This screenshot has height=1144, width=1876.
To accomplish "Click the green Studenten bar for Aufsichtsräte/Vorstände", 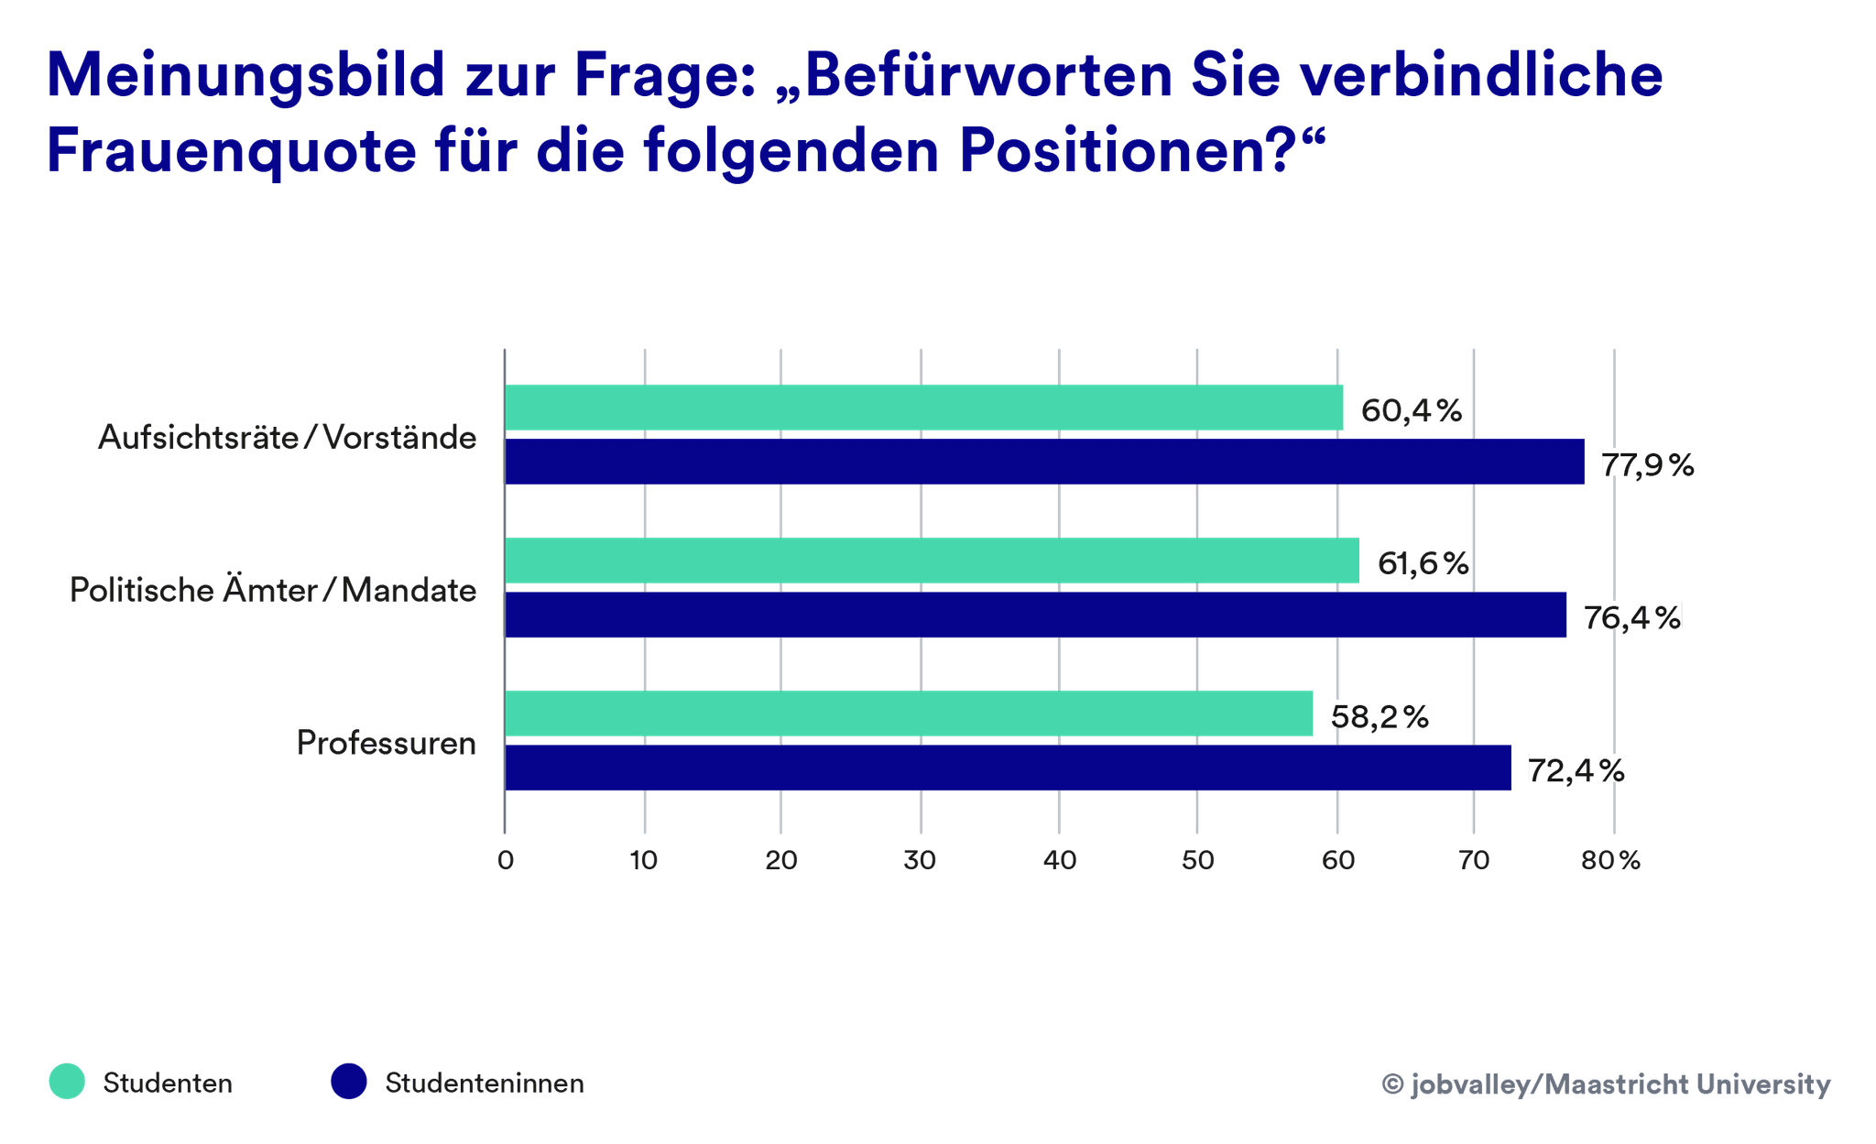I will (923, 408).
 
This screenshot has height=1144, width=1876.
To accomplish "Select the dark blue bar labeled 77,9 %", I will (1044, 462).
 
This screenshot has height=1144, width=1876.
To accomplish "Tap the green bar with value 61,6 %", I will (932, 561).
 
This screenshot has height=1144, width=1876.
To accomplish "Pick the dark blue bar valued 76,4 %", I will (1035, 615).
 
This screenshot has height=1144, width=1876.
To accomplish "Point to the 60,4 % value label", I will (1411, 410).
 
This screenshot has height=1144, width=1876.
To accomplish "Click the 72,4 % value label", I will (1576, 769).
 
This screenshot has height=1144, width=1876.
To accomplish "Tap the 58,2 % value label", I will (1380, 715).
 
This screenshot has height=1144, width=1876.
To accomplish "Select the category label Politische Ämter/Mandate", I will (273, 590).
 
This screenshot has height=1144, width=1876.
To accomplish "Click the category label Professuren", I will (386, 743).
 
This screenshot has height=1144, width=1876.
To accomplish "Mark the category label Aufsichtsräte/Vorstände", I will (287, 437).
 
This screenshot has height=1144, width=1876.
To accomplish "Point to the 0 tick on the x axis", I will (506, 860).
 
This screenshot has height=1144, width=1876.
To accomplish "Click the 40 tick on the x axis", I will (1060, 860).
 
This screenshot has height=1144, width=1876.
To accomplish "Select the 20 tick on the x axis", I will (781, 860).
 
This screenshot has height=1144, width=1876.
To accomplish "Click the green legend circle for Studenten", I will (67, 1082).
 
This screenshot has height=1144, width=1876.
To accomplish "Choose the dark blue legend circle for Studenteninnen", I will (349, 1082).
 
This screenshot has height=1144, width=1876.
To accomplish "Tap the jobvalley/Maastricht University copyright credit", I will (1606, 1084).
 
